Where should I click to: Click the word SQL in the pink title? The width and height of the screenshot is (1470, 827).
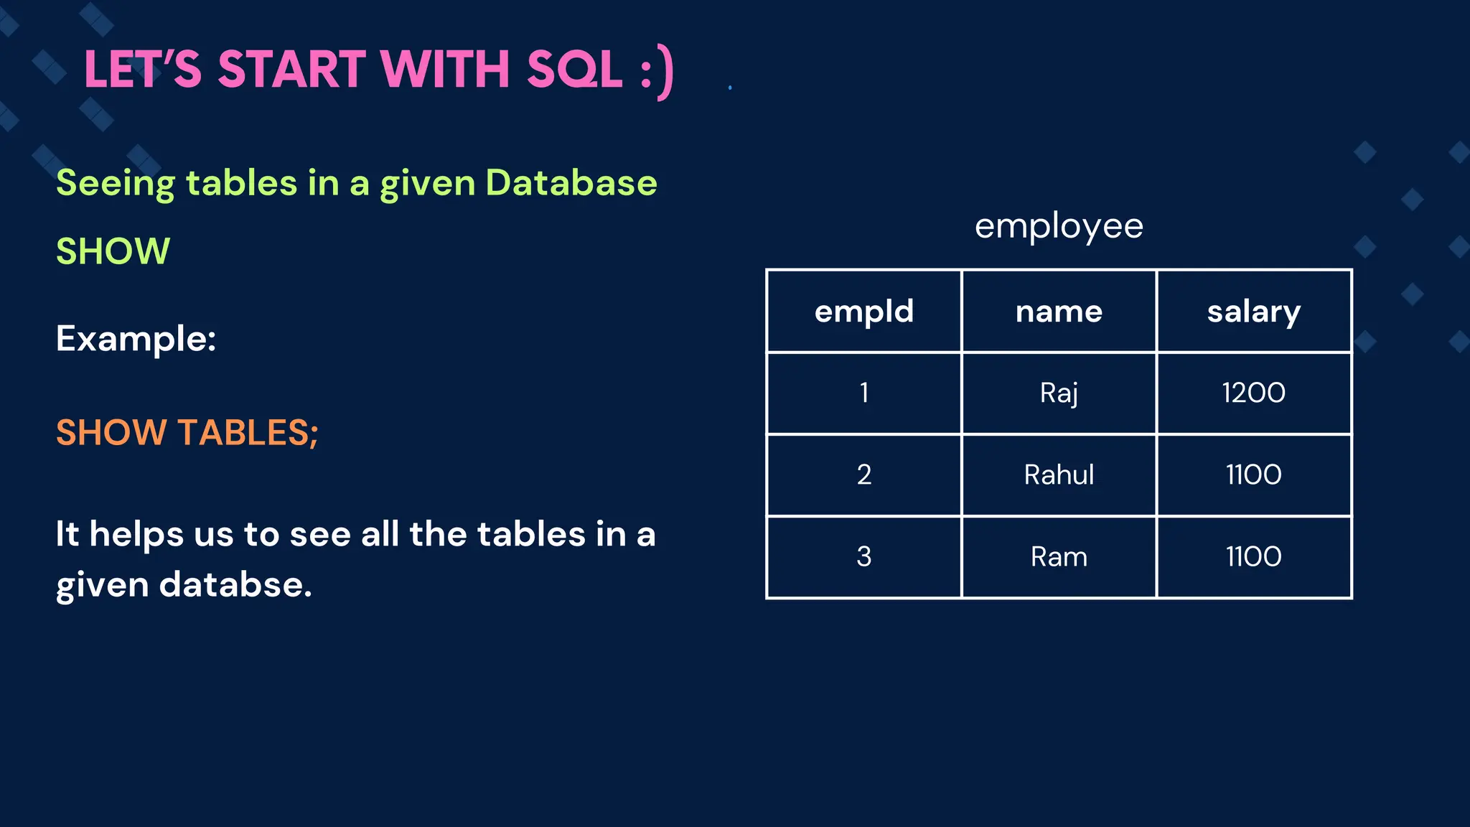click(574, 70)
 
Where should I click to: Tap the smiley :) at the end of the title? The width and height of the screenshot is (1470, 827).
click(657, 72)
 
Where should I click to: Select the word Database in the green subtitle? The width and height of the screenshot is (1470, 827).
click(571, 182)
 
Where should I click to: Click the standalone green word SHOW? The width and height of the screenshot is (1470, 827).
click(113, 251)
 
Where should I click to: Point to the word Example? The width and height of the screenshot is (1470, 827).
click(136, 338)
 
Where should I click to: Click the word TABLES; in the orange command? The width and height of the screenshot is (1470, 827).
click(248, 432)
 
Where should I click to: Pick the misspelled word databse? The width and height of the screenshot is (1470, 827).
click(235, 584)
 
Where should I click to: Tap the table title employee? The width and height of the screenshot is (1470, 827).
click(1059, 227)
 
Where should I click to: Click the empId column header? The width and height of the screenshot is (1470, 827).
click(864, 312)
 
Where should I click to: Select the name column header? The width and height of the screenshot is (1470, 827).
click(1059, 312)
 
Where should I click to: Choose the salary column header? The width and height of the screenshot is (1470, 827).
click(1253, 312)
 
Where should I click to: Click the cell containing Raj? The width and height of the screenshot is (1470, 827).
click(1059, 393)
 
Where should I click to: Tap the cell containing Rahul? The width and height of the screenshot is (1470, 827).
click(1059, 475)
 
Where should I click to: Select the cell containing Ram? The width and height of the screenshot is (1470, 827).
click(1059, 556)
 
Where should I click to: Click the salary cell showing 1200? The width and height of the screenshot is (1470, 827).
click(1253, 393)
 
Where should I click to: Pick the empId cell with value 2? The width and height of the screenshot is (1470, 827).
click(864, 475)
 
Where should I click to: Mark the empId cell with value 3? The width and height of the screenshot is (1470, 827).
click(864, 556)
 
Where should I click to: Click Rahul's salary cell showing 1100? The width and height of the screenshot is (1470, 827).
click(1253, 475)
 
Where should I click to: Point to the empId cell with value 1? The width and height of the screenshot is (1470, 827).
click(864, 393)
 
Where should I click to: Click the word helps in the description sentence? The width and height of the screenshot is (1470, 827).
click(136, 534)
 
